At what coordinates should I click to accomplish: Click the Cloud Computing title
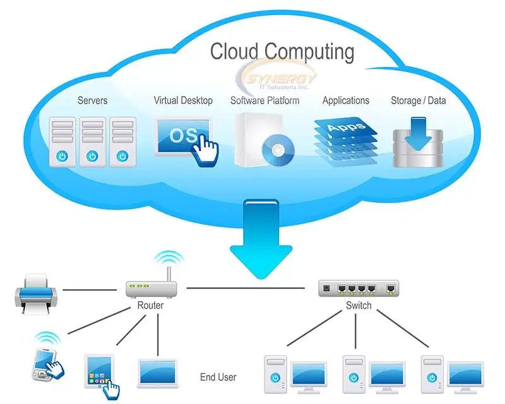pos(282,50)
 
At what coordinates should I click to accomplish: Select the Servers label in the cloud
pos(92,100)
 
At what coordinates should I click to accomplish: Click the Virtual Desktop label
pos(183,100)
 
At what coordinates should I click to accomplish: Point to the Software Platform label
pos(264,100)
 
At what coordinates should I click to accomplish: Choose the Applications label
pos(345,100)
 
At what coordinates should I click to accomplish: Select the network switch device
pos(359,288)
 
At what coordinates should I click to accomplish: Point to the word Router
pos(150,306)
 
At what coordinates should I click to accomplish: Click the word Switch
pos(359,306)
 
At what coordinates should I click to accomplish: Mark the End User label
pos(218,377)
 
